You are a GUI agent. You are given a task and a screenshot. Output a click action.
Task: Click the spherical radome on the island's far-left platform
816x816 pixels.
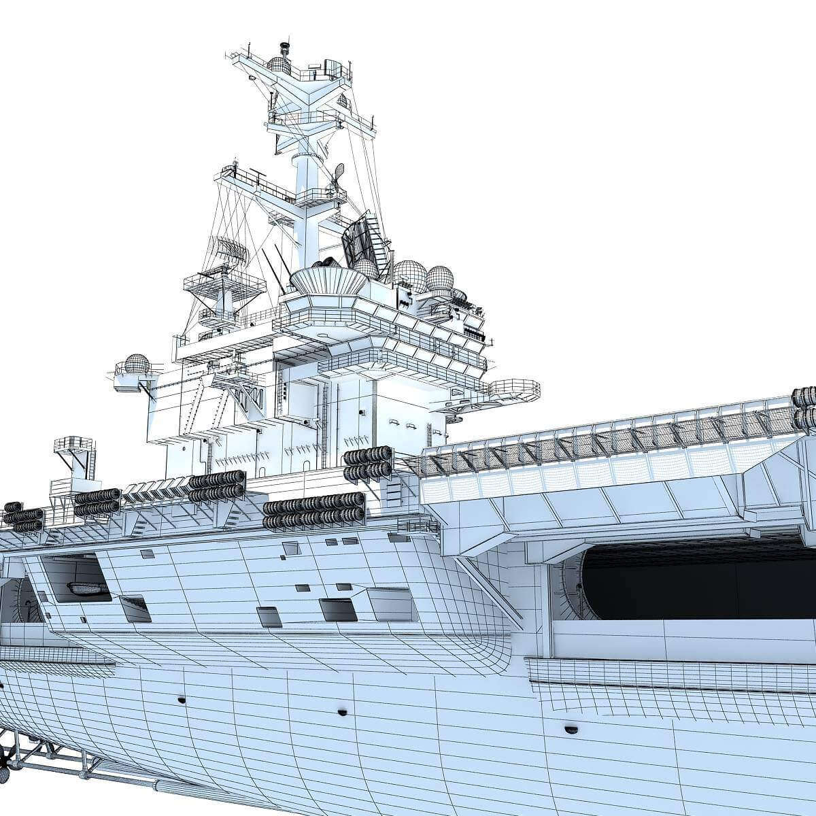[137, 364]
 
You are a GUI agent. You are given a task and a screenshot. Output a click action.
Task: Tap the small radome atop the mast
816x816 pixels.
[279, 65]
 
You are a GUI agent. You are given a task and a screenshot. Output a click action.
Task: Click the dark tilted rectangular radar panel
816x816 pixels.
[358, 241]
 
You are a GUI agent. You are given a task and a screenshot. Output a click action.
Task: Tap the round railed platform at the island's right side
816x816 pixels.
[514, 390]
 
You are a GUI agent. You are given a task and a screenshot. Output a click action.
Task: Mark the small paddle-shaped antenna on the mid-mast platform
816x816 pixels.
[338, 172]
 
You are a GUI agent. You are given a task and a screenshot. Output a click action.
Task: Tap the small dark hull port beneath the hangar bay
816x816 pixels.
[569, 730]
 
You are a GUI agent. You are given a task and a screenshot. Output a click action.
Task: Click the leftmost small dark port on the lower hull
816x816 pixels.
[182, 700]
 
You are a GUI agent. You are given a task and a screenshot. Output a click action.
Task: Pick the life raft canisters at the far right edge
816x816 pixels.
[804, 408]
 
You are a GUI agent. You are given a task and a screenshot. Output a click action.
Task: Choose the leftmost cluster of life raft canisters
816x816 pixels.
[23, 517]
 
